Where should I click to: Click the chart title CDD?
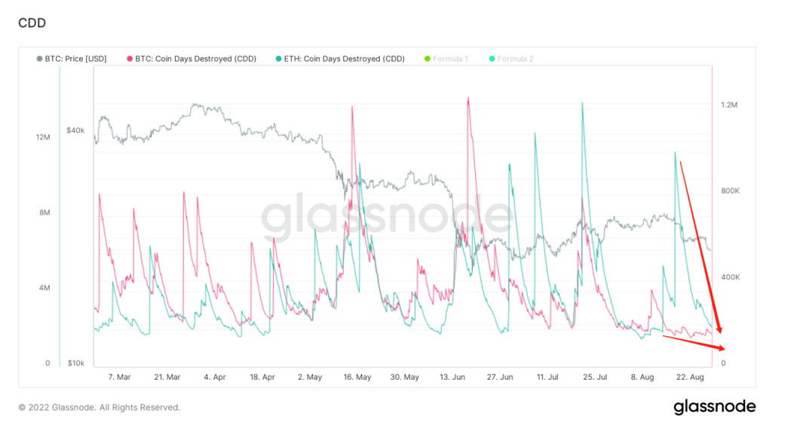point(32,23)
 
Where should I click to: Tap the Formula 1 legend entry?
point(450,58)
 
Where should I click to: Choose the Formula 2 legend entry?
point(515,58)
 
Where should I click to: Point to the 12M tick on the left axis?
point(42,137)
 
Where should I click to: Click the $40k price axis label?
point(75,130)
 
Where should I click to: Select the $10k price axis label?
point(75,363)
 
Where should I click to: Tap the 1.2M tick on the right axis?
point(728,105)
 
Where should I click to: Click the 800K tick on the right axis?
point(730,191)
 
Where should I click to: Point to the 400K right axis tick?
point(730,277)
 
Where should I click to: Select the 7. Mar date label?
point(119,376)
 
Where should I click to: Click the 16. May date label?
point(357,376)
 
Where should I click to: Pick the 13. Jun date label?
point(453,376)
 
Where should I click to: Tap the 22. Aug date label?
point(690,376)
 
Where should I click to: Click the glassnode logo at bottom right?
point(714,407)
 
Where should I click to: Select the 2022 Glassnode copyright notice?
point(99,408)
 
